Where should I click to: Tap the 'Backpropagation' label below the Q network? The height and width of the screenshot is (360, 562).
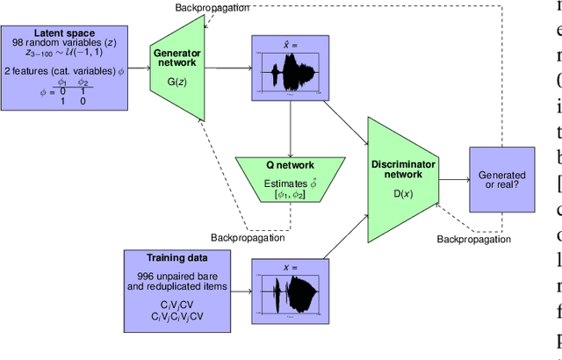[x=249, y=237]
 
